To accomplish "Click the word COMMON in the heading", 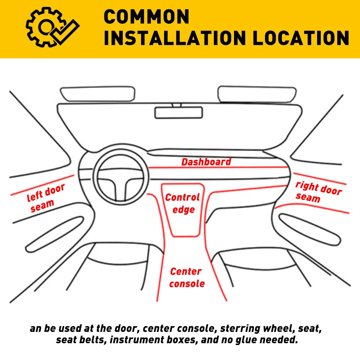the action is coord(147,17).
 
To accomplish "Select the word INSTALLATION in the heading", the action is coord(175,38).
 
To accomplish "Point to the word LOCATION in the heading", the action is coord(301,38).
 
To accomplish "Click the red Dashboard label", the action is coord(206,162).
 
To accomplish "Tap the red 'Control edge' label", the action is coord(183,203).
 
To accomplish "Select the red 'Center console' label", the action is coord(187,278).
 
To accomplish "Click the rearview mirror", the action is coord(179,112).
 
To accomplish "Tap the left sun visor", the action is coord(98,94).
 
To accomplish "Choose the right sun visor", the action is coord(257,94).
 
